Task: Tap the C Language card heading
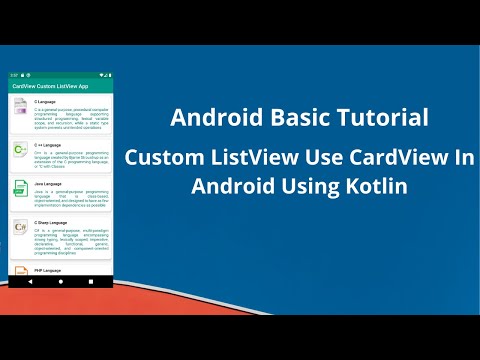(45, 102)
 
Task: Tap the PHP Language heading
(48, 270)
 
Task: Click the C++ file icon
(21, 151)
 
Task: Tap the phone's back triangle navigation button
(31, 283)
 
